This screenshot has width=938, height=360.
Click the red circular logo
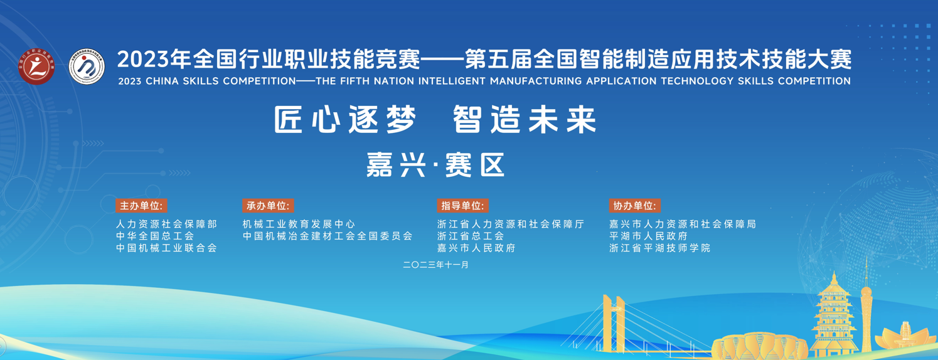click(x=36, y=66)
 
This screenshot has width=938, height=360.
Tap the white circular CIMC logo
click(x=87, y=66)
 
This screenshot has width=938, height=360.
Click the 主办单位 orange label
click(x=142, y=206)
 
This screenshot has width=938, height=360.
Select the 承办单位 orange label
click(x=268, y=206)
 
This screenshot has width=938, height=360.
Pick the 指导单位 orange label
click(x=462, y=206)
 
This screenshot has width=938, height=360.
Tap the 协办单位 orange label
click(x=635, y=206)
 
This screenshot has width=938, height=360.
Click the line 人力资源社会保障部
click(x=167, y=225)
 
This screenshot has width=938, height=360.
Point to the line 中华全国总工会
click(x=156, y=236)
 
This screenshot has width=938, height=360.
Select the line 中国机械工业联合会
click(x=167, y=248)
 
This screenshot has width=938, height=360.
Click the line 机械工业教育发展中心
click(x=299, y=225)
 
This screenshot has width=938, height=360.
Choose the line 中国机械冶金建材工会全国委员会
click(x=328, y=236)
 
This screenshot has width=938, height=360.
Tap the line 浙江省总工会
click(x=471, y=236)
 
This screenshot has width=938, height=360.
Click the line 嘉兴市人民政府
click(x=477, y=248)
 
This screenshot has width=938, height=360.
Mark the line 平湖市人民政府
click(x=649, y=236)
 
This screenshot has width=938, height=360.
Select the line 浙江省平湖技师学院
click(x=660, y=248)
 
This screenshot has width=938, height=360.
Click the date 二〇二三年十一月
click(x=436, y=265)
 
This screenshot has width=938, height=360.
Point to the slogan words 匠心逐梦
click(x=345, y=120)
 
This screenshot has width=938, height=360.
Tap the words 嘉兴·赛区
click(x=435, y=165)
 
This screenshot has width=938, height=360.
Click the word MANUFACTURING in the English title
click(x=536, y=81)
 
